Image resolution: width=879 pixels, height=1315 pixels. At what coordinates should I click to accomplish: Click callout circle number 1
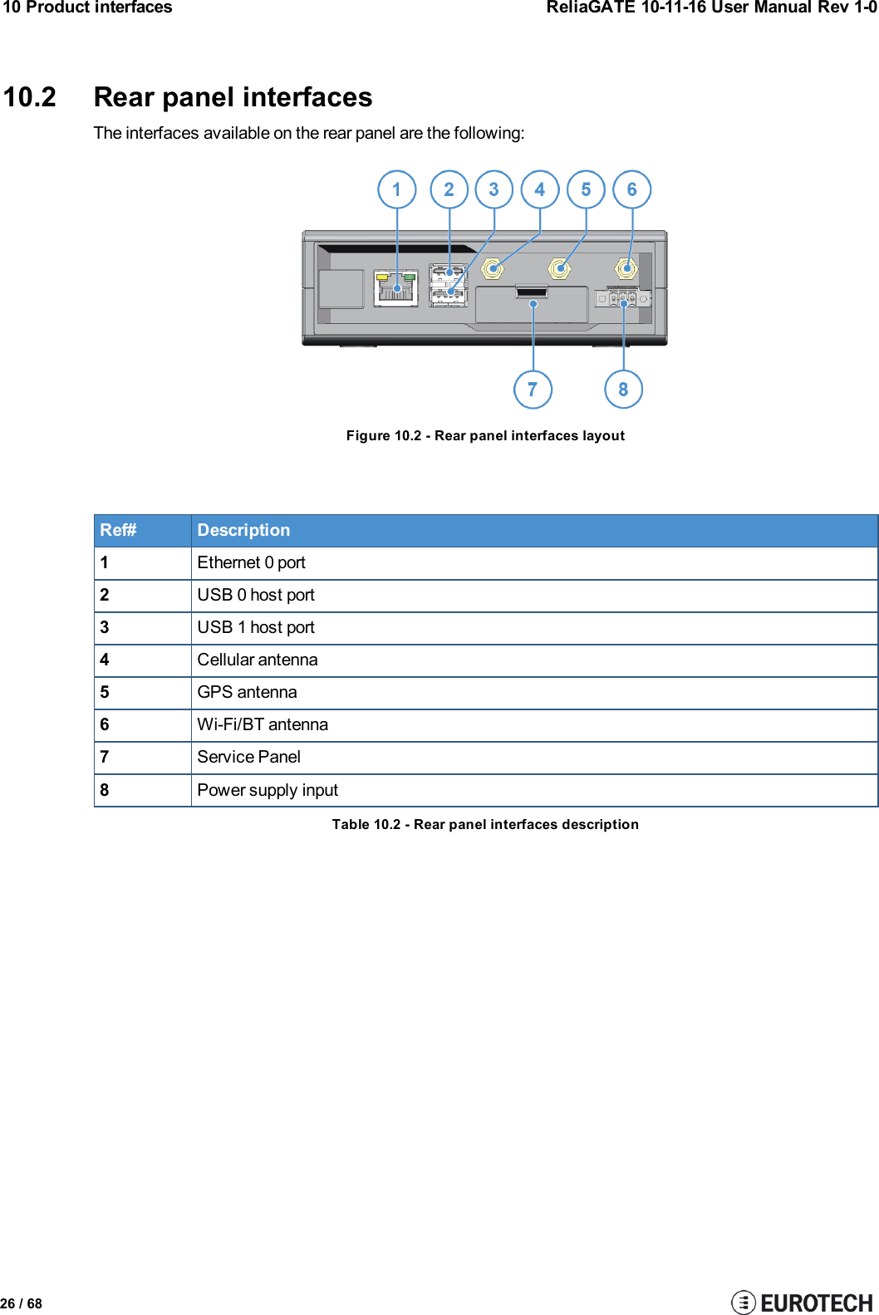[x=396, y=189]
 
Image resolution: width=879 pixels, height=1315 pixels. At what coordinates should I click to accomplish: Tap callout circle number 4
[x=540, y=189]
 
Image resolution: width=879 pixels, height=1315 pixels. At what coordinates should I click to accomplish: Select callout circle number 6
[x=632, y=189]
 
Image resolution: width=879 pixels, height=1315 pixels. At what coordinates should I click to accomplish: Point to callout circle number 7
[x=533, y=389]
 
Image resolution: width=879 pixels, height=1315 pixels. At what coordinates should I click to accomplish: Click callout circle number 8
[x=623, y=389]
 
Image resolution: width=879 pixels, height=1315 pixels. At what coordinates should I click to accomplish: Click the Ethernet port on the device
[x=396, y=287]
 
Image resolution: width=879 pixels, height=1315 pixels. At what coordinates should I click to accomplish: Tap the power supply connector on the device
[x=622, y=298]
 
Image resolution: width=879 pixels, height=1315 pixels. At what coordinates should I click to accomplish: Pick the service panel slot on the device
[x=532, y=292]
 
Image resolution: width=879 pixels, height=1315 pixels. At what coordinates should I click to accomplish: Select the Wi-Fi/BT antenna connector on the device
[x=626, y=268]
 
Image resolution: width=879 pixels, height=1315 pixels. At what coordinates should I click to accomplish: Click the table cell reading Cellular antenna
[x=258, y=660]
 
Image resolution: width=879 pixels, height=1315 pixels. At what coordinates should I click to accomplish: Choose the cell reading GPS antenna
[x=247, y=692]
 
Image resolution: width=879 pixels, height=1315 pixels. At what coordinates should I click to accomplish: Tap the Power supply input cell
[x=268, y=790]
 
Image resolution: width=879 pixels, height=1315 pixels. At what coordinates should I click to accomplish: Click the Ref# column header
[x=119, y=530]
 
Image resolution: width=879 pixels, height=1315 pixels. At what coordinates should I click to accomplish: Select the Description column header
[x=243, y=530]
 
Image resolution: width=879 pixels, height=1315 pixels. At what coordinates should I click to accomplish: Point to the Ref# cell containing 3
[x=106, y=627]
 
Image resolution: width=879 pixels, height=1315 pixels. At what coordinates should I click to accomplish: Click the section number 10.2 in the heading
[x=30, y=97]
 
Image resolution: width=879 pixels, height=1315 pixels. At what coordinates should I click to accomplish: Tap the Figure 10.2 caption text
[x=485, y=435]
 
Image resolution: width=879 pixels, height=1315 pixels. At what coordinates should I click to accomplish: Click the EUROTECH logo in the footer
[x=803, y=1302]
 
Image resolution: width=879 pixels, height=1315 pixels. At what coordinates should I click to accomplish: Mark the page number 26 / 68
[x=22, y=1303]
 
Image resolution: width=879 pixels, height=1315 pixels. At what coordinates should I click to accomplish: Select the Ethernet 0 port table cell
[x=251, y=562]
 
